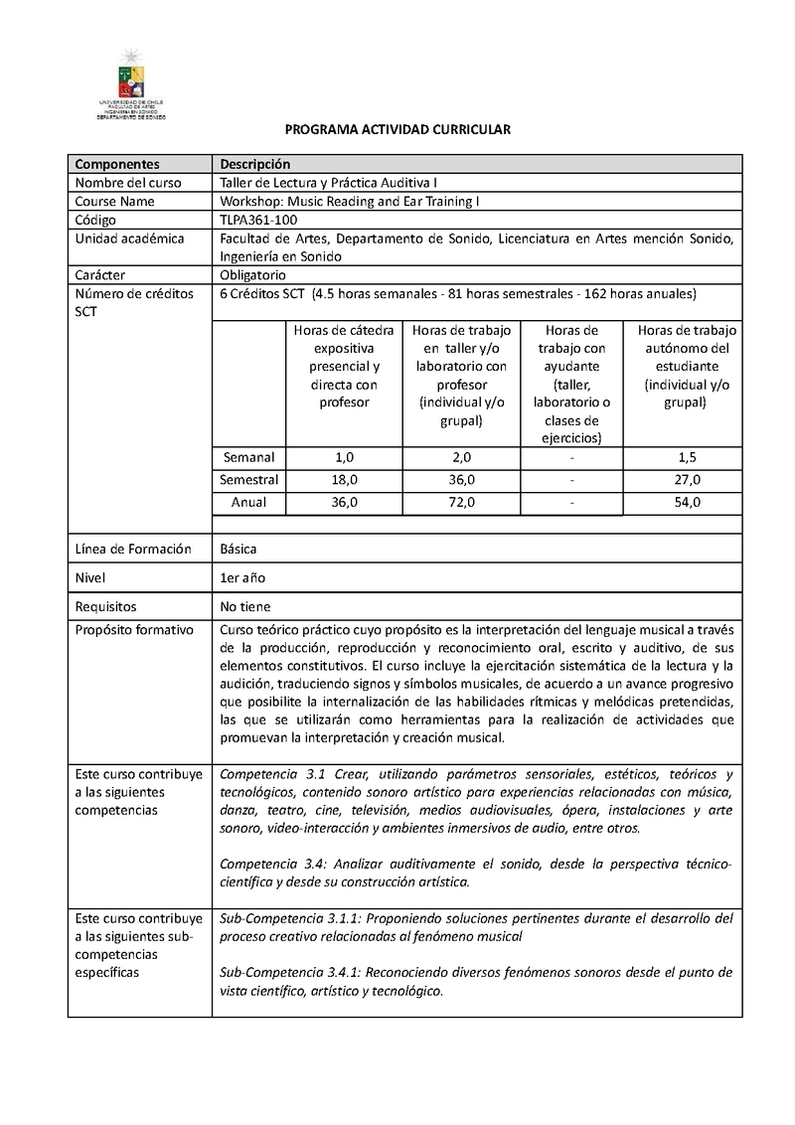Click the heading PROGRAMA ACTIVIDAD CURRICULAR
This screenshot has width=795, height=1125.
(x=397, y=130)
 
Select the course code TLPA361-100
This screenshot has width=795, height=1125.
(x=257, y=220)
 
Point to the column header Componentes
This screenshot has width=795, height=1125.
(x=116, y=164)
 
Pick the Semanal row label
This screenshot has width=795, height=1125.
(x=248, y=458)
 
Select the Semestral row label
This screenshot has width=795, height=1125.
(x=248, y=480)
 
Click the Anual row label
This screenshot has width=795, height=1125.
(x=248, y=503)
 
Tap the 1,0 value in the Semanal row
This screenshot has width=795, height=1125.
(x=343, y=458)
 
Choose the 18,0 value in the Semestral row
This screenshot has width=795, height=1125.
(x=343, y=480)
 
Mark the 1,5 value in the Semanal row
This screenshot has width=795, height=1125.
(x=687, y=458)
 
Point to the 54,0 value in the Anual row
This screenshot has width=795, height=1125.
(x=687, y=503)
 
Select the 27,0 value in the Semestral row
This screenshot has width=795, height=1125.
(x=687, y=480)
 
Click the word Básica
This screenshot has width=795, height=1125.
(x=239, y=549)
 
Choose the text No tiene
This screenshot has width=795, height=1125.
(x=244, y=606)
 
